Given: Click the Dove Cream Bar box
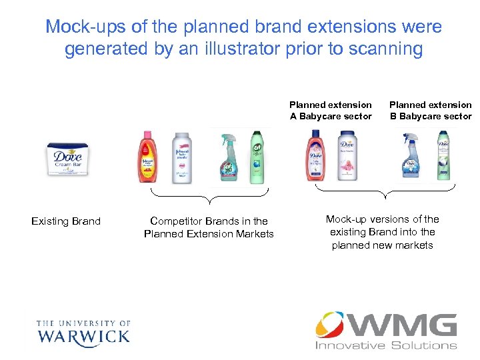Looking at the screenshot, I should (x=67, y=160).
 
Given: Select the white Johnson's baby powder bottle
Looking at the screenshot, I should (x=181, y=157).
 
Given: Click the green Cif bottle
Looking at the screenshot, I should (x=257, y=157).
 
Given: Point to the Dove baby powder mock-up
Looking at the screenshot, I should (x=347, y=157).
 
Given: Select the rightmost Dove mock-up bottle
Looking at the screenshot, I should (x=443, y=157).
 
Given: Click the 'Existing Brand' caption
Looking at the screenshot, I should (x=66, y=221).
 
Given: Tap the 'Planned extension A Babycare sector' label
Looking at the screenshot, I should (x=331, y=111).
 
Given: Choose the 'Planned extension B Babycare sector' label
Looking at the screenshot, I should (x=431, y=111).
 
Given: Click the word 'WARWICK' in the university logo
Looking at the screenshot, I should (x=83, y=335).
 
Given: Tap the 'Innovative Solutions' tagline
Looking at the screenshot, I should (x=386, y=345).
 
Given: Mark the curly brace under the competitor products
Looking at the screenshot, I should (x=209, y=198).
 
